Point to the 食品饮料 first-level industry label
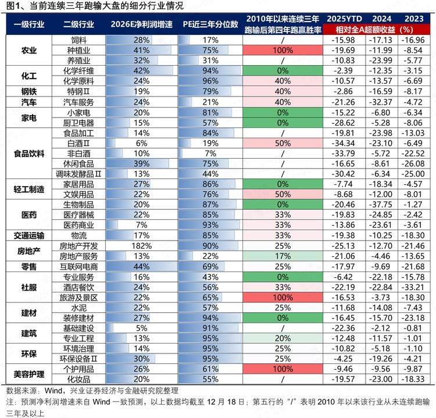pyautogui.click(x=28, y=153)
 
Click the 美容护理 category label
pyautogui.click(x=28, y=373)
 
